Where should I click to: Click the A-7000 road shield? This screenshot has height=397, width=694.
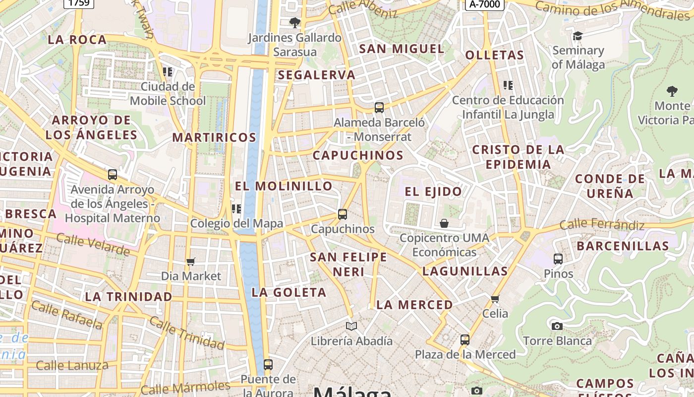coord(484,4)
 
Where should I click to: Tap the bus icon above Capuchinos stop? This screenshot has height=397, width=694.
coord(343,214)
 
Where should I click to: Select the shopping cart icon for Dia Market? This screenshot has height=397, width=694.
coord(191,262)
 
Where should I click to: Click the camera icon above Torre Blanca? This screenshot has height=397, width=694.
coord(557,326)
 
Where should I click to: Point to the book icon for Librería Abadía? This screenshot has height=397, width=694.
coord(351,326)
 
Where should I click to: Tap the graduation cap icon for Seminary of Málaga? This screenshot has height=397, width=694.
coord(578,36)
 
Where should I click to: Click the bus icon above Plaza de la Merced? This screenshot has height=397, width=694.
coord(465,340)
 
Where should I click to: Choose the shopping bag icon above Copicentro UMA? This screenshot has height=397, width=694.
coord(444,223)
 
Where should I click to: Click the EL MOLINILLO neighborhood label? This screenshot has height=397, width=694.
coord(284,186)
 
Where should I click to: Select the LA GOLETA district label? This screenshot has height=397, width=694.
coord(289,292)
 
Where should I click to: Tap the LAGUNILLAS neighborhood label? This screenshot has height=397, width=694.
coord(465,271)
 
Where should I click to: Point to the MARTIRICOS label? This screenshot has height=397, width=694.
coord(214,137)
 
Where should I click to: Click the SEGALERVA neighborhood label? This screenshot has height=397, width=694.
coord(317,75)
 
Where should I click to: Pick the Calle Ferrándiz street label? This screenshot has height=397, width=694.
coord(602,225)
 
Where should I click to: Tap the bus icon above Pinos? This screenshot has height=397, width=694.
coord(558,259)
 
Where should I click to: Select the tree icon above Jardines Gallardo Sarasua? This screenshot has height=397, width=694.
coord(294,22)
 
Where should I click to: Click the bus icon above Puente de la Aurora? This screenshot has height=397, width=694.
coord(268,365)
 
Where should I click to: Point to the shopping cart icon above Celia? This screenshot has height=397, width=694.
coord(495,299)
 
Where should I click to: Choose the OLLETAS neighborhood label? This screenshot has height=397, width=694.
coord(494,55)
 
